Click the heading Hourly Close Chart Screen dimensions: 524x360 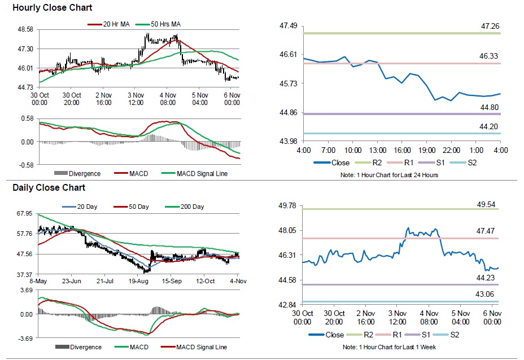point(52,8)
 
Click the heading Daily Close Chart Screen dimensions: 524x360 point(49,188)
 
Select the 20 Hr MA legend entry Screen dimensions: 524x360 point(108,24)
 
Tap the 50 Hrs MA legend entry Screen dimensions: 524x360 point(159,24)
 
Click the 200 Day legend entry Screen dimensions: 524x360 point(185,207)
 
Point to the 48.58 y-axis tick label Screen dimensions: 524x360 point(25,29)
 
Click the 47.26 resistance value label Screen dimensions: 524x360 point(490,26)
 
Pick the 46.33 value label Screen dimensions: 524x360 point(488,56)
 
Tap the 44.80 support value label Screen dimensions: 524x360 point(489,108)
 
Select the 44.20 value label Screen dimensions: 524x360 point(488,126)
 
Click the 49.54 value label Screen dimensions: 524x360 point(486,204)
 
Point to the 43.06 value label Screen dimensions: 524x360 point(484,294)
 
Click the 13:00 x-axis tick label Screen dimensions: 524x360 point(378,150)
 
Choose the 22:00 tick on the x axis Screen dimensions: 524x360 point(452,150)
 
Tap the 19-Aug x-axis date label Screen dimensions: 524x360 point(138,281)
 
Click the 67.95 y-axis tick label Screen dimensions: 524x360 point(25,213)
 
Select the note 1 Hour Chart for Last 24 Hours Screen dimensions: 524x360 point(389,175)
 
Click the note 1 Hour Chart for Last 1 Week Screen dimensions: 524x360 point(389,348)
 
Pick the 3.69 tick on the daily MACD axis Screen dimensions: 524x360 point(27,290)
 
